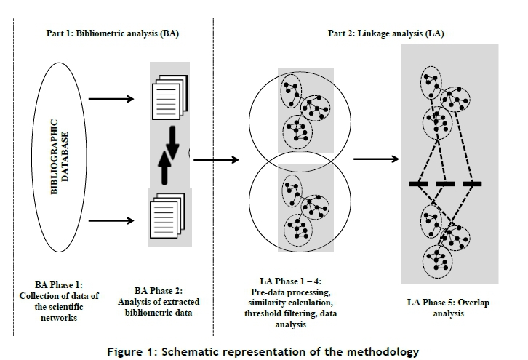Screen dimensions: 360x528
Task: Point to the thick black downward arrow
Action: [172, 143]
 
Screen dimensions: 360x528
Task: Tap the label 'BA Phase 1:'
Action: [60, 284]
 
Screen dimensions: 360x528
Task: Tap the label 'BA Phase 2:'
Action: [162, 291]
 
